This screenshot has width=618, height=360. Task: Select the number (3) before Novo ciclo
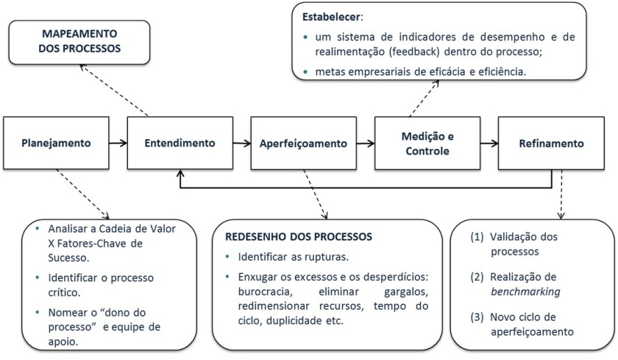click(477, 318)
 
